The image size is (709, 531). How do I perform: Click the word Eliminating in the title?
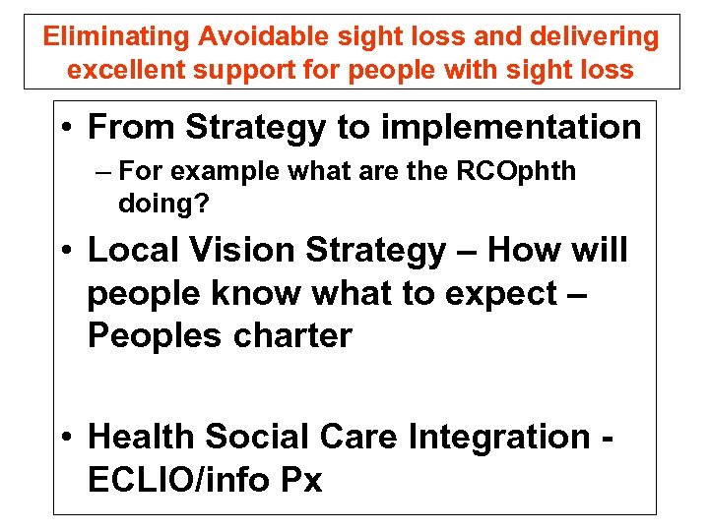click(x=115, y=37)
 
